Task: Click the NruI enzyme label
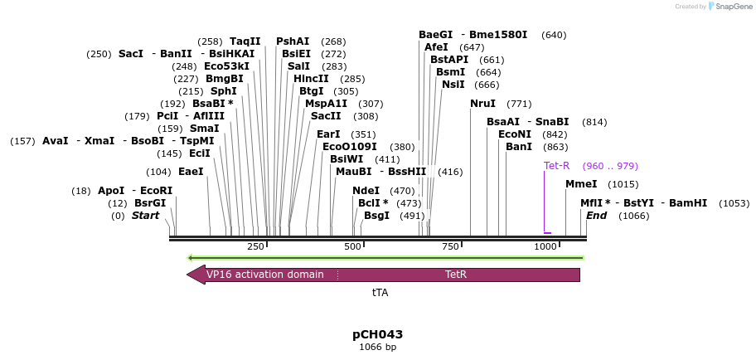point(482,104)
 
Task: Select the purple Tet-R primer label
point(556,166)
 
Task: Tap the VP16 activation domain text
point(264,275)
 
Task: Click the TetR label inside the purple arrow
point(456,275)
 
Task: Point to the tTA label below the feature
point(380,293)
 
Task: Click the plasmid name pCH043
point(377,334)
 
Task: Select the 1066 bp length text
point(377,348)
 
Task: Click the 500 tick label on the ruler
point(353,246)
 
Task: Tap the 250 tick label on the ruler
point(255,246)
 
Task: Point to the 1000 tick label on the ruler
point(545,246)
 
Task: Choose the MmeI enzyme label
point(581,184)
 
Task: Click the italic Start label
point(145,216)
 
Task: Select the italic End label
point(596,216)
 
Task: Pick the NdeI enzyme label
point(366,191)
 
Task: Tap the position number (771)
point(519,104)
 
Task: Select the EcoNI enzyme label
point(515,134)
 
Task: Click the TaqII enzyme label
point(245,41)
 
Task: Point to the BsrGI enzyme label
point(150,203)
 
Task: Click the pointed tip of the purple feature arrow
point(188,275)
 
